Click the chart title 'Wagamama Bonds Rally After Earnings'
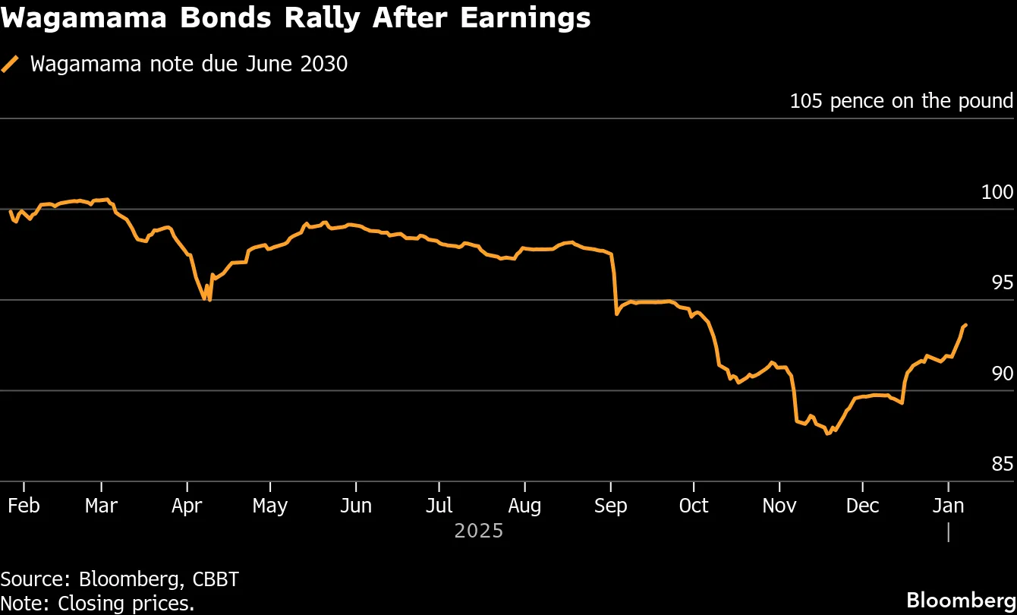[x=295, y=18]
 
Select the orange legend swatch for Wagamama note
[x=11, y=64]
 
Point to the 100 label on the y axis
[x=997, y=192]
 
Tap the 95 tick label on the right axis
[x=1002, y=282]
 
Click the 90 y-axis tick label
[x=1002, y=374]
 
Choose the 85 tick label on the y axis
[x=1002, y=464]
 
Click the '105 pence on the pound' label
[x=901, y=101]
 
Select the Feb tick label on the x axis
[x=24, y=506]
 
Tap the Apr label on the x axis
[x=187, y=506]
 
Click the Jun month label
[x=355, y=506]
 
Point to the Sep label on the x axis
[x=611, y=506]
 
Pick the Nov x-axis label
[x=779, y=506]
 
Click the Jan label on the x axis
[x=948, y=506]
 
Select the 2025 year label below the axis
[x=478, y=530]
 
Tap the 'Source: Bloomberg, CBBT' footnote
[x=120, y=579]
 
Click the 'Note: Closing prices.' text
[x=97, y=603]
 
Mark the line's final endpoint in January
[x=965, y=325]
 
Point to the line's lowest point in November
[x=828, y=434]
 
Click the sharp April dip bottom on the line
[x=209, y=300]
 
